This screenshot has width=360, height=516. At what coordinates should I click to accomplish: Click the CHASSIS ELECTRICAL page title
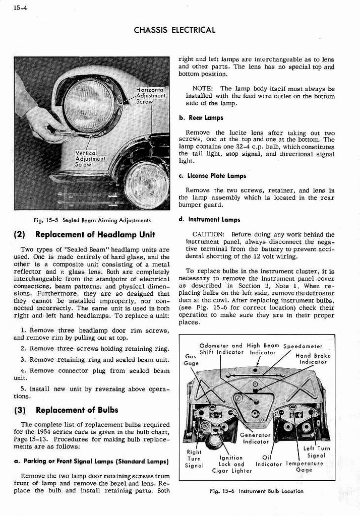click(x=174, y=30)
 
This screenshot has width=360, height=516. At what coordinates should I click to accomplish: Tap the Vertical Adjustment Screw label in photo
click(x=89, y=158)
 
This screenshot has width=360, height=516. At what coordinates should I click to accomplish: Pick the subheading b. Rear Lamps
click(x=201, y=118)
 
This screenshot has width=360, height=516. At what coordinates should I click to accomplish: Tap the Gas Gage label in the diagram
click(x=191, y=359)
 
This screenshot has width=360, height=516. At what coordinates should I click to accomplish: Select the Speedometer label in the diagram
click(x=303, y=346)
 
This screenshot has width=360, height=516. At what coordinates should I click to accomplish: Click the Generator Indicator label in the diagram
click(x=255, y=438)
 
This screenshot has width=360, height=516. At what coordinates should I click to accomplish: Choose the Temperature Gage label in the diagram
click(x=305, y=466)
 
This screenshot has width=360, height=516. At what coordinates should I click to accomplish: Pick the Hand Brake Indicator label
click(x=313, y=358)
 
